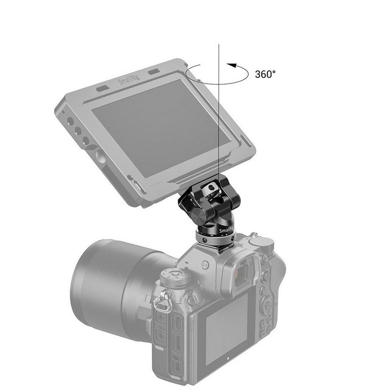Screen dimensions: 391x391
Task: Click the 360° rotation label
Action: click(x=265, y=74)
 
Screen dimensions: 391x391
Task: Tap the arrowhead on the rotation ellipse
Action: click(x=231, y=65)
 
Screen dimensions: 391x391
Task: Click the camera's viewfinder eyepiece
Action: click(x=243, y=272)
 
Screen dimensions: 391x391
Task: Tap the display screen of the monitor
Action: click(x=157, y=127)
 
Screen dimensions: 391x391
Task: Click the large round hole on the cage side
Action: click(x=99, y=156)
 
